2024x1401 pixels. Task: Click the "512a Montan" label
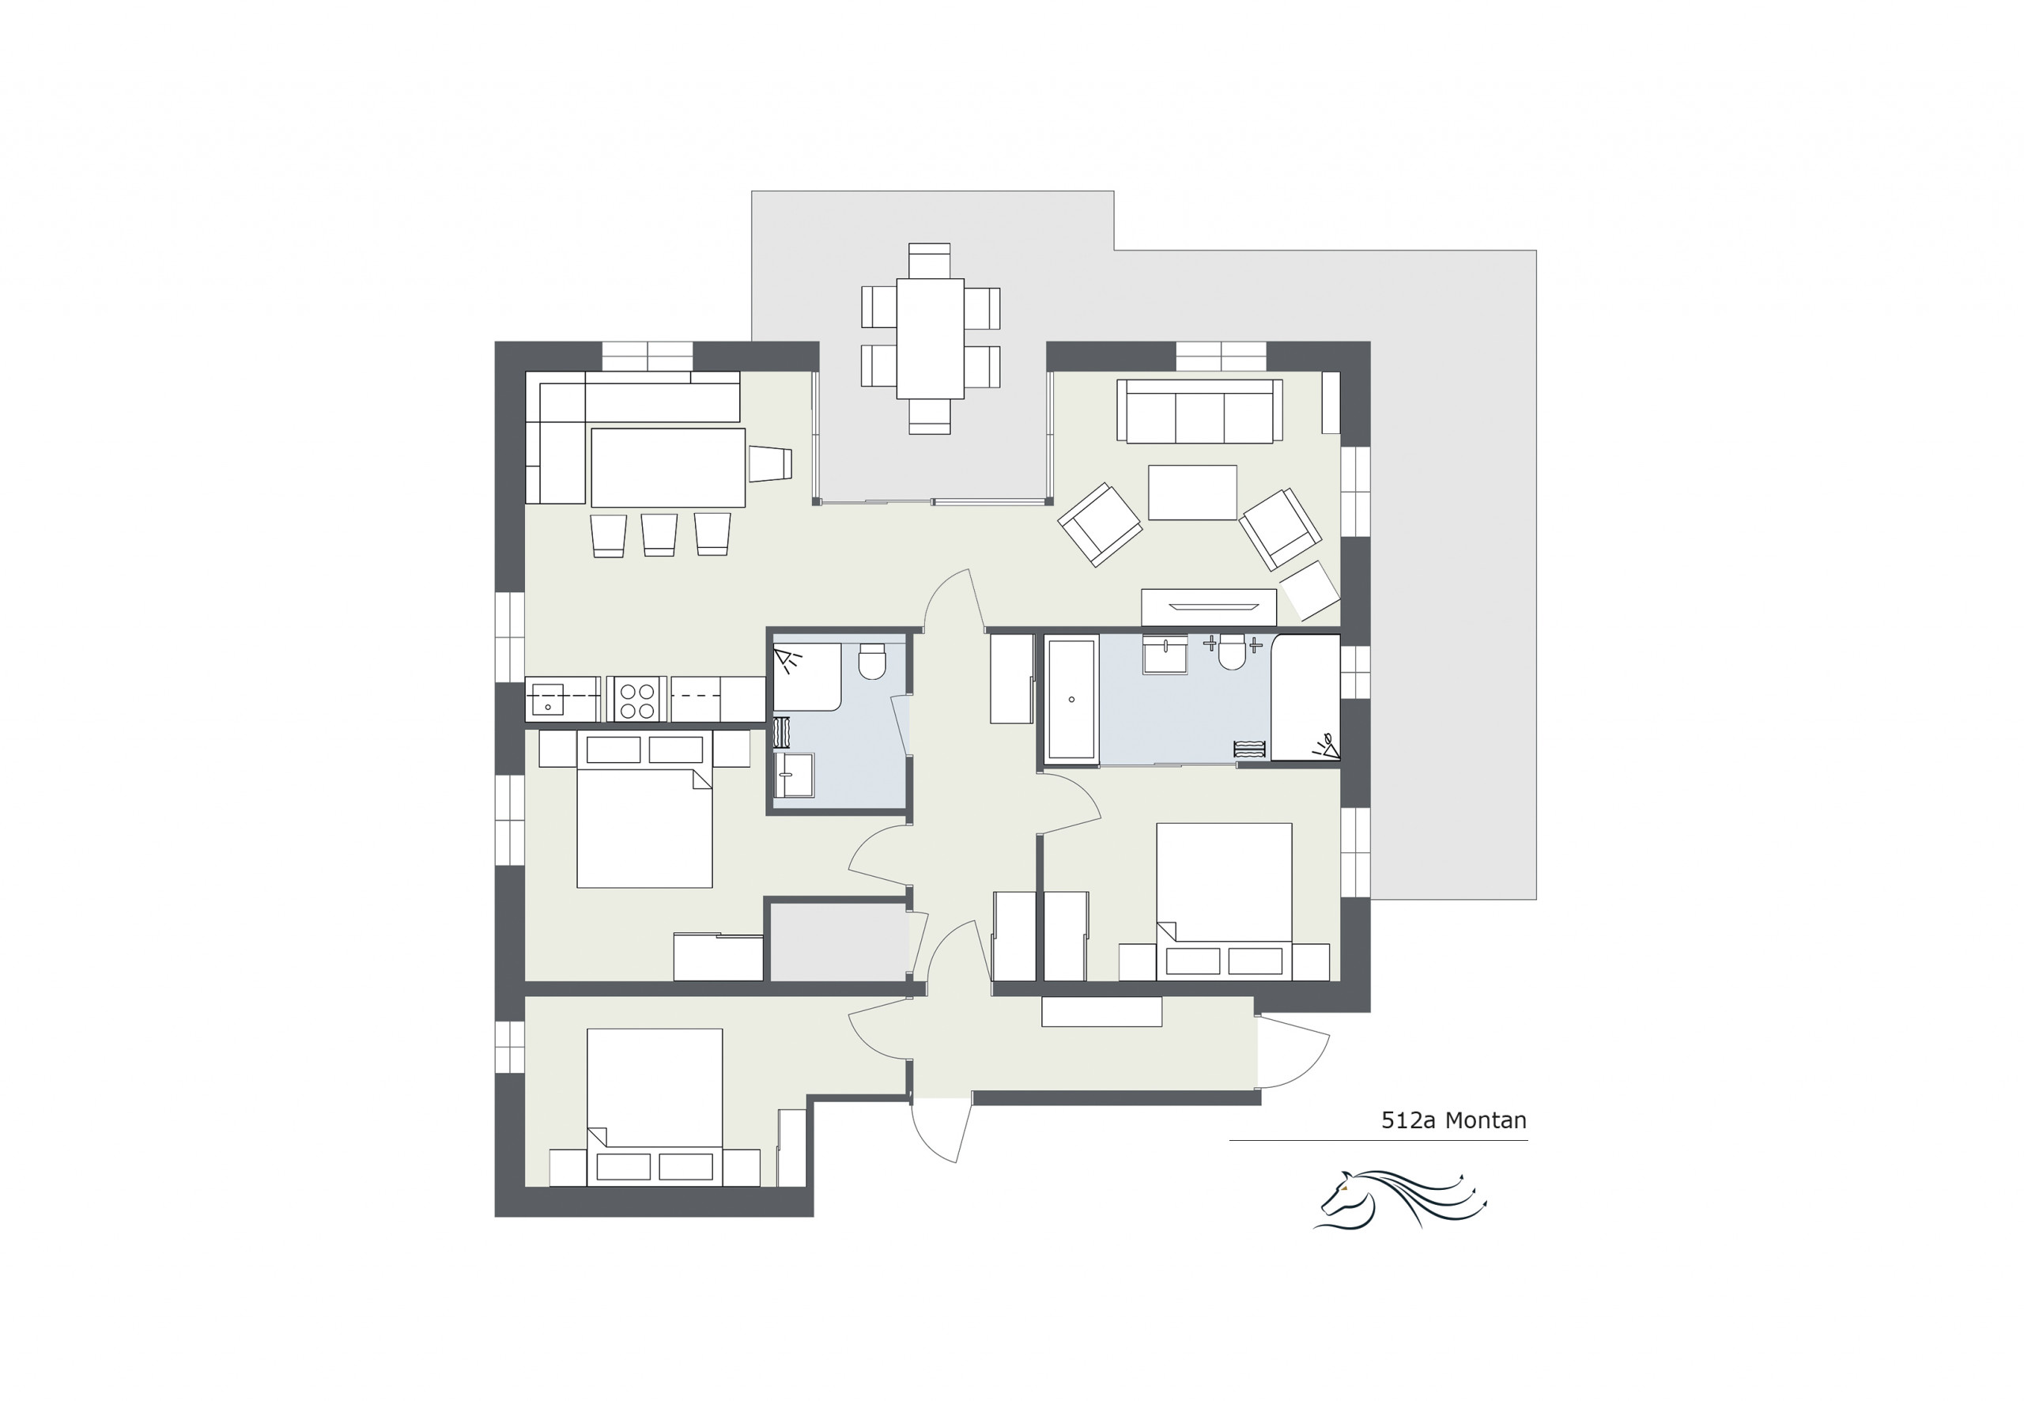pos(1453,1120)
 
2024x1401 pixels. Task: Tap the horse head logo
pos(1399,1199)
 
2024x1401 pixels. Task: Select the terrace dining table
pos(931,339)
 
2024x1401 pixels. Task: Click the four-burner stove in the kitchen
pos(638,699)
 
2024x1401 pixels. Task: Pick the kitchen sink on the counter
pos(548,700)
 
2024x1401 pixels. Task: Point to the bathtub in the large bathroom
pos(1071,699)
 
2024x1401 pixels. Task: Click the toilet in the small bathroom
pos(871,662)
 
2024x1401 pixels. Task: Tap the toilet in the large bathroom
pos(1232,652)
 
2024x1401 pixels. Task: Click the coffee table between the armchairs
pos(1192,493)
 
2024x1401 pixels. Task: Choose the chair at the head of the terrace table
pos(930,261)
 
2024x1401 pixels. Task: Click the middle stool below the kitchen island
pos(659,534)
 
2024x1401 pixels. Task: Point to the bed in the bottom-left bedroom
pos(654,1107)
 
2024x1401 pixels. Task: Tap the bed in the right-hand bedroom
pos(1224,901)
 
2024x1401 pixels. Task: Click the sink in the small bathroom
pos(794,775)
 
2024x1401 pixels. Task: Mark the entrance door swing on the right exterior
pos(1293,1052)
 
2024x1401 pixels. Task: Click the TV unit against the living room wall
pos(1209,607)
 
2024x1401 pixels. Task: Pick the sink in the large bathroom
pos(1165,655)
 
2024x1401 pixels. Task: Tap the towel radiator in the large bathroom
pos(1249,750)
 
